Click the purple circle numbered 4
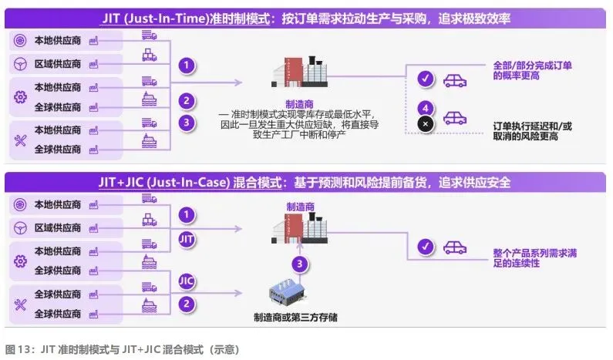pos(423,107)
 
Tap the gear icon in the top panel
pos(21,97)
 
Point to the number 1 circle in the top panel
pos(185,66)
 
